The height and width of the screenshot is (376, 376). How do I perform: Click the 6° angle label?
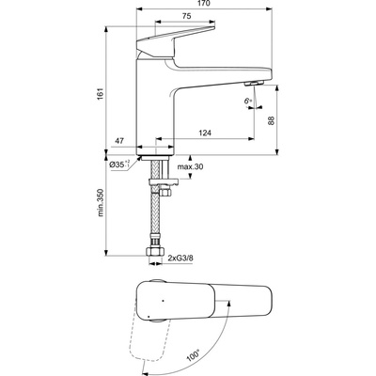247,99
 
